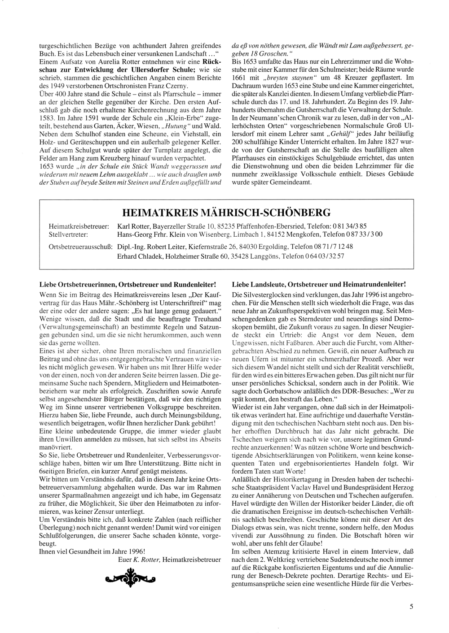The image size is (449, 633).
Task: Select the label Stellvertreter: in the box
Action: coord(68,234)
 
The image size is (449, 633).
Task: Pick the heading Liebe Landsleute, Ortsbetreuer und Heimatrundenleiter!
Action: coord(319,284)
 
